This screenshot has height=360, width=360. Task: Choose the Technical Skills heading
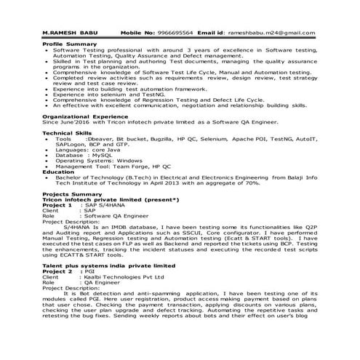pyautogui.click(x=70, y=133)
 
